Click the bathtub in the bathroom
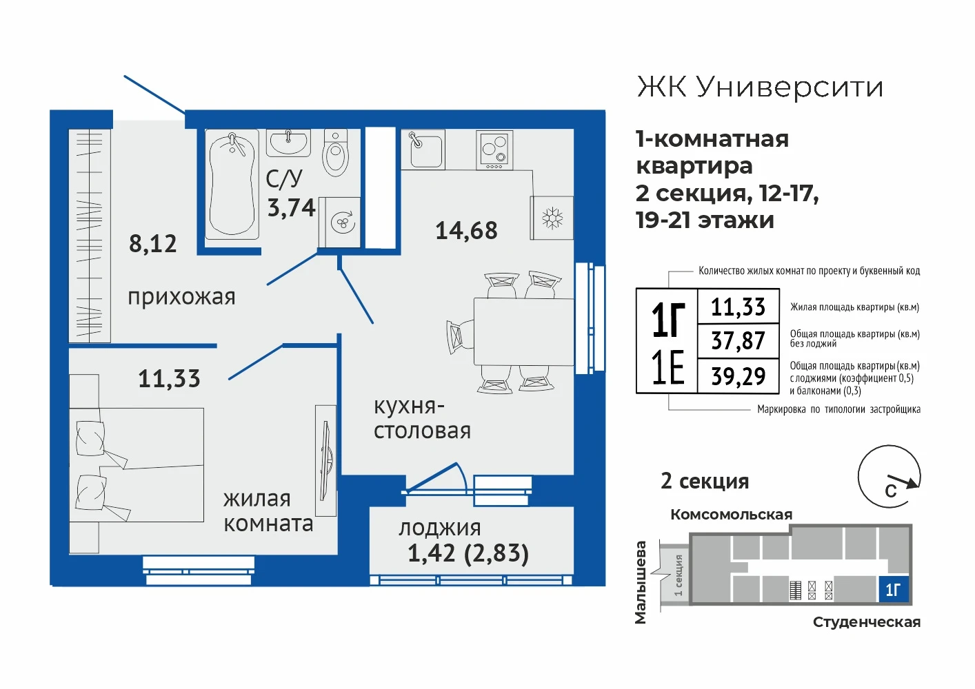[232, 185]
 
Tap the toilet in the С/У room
[336, 153]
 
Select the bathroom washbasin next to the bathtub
[288, 143]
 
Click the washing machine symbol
[339, 223]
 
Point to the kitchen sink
[423, 150]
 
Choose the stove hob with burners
[494, 150]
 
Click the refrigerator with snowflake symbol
[552, 218]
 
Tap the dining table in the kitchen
[523, 331]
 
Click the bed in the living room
[137, 464]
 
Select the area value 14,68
[466, 231]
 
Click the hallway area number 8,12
[153, 244]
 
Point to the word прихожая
[181, 298]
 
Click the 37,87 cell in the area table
[738, 340]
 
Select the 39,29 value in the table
[738, 376]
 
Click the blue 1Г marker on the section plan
[893, 589]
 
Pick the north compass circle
[889, 476]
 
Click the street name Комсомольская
[731, 515]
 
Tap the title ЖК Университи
[760, 88]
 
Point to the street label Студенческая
[867, 622]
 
